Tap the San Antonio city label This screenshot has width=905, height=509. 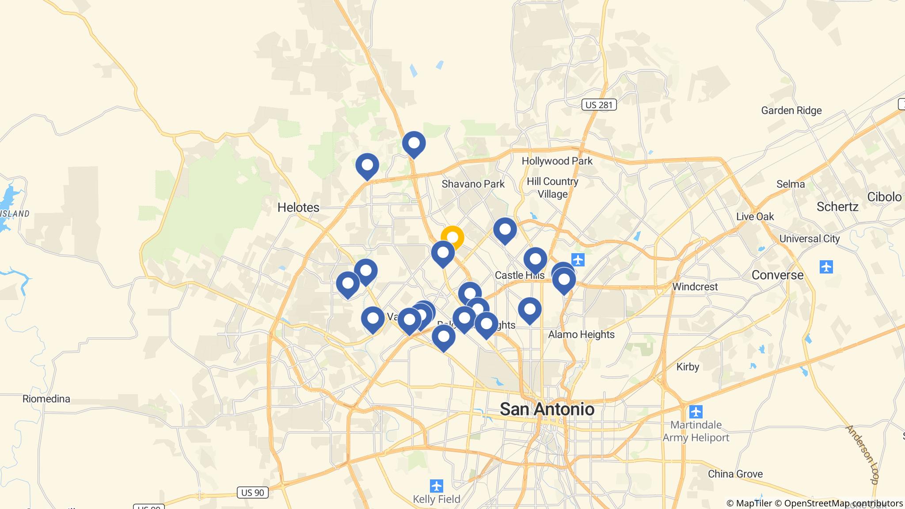[x=547, y=409]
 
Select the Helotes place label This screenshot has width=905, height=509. [x=298, y=207]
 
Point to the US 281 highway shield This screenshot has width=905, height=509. [x=599, y=105]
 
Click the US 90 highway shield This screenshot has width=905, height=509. [x=253, y=492]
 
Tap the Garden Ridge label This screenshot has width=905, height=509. [x=791, y=110]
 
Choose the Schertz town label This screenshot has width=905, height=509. [x=837, y=207]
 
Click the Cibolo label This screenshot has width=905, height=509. [x=884, y=197]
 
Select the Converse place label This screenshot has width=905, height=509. [x=777, y=275]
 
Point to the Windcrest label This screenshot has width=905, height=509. [x=695, y=287]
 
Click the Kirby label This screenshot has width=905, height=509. [x=688, y=367]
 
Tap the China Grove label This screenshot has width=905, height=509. [x=735, y=474]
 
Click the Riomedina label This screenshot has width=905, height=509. [x=46, y=399]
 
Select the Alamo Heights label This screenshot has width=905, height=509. [x=581, y=334]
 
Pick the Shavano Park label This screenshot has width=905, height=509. [x=473, y=184]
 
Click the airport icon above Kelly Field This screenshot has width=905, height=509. [x=437, y=486]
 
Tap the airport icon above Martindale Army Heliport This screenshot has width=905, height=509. [x=696, y=412]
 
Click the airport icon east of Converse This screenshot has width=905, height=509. [x=826, y=267]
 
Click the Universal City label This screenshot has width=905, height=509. [x=809, y=239]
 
